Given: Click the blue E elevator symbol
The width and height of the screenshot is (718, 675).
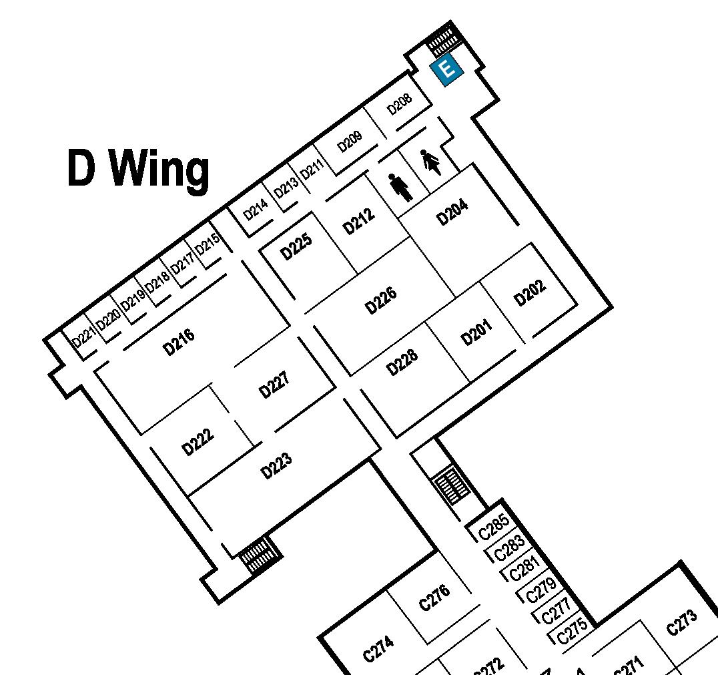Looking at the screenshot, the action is point(446,69).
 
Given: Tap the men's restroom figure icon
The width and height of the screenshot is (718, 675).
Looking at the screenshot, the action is point(400,187).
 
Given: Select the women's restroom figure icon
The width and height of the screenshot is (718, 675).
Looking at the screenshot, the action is point(431,162).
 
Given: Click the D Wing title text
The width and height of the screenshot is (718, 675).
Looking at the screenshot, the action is point(138,168).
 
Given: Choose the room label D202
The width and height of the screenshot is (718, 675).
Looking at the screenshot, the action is point(530,292).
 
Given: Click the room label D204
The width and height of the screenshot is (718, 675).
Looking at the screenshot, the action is point(452,212).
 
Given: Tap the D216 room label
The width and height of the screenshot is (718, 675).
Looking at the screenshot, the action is point(179,342).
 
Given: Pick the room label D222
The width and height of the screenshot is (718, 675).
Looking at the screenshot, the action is point(198,442).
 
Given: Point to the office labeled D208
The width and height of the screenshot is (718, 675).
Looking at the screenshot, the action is point(400,103).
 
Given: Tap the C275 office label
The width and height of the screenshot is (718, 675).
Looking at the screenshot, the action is point(573,630).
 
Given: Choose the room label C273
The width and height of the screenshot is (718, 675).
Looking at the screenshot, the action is point(682,622).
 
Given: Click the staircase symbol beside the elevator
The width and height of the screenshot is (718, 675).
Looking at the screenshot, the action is point(443,41).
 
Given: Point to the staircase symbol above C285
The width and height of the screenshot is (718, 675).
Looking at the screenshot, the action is point(451,485).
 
